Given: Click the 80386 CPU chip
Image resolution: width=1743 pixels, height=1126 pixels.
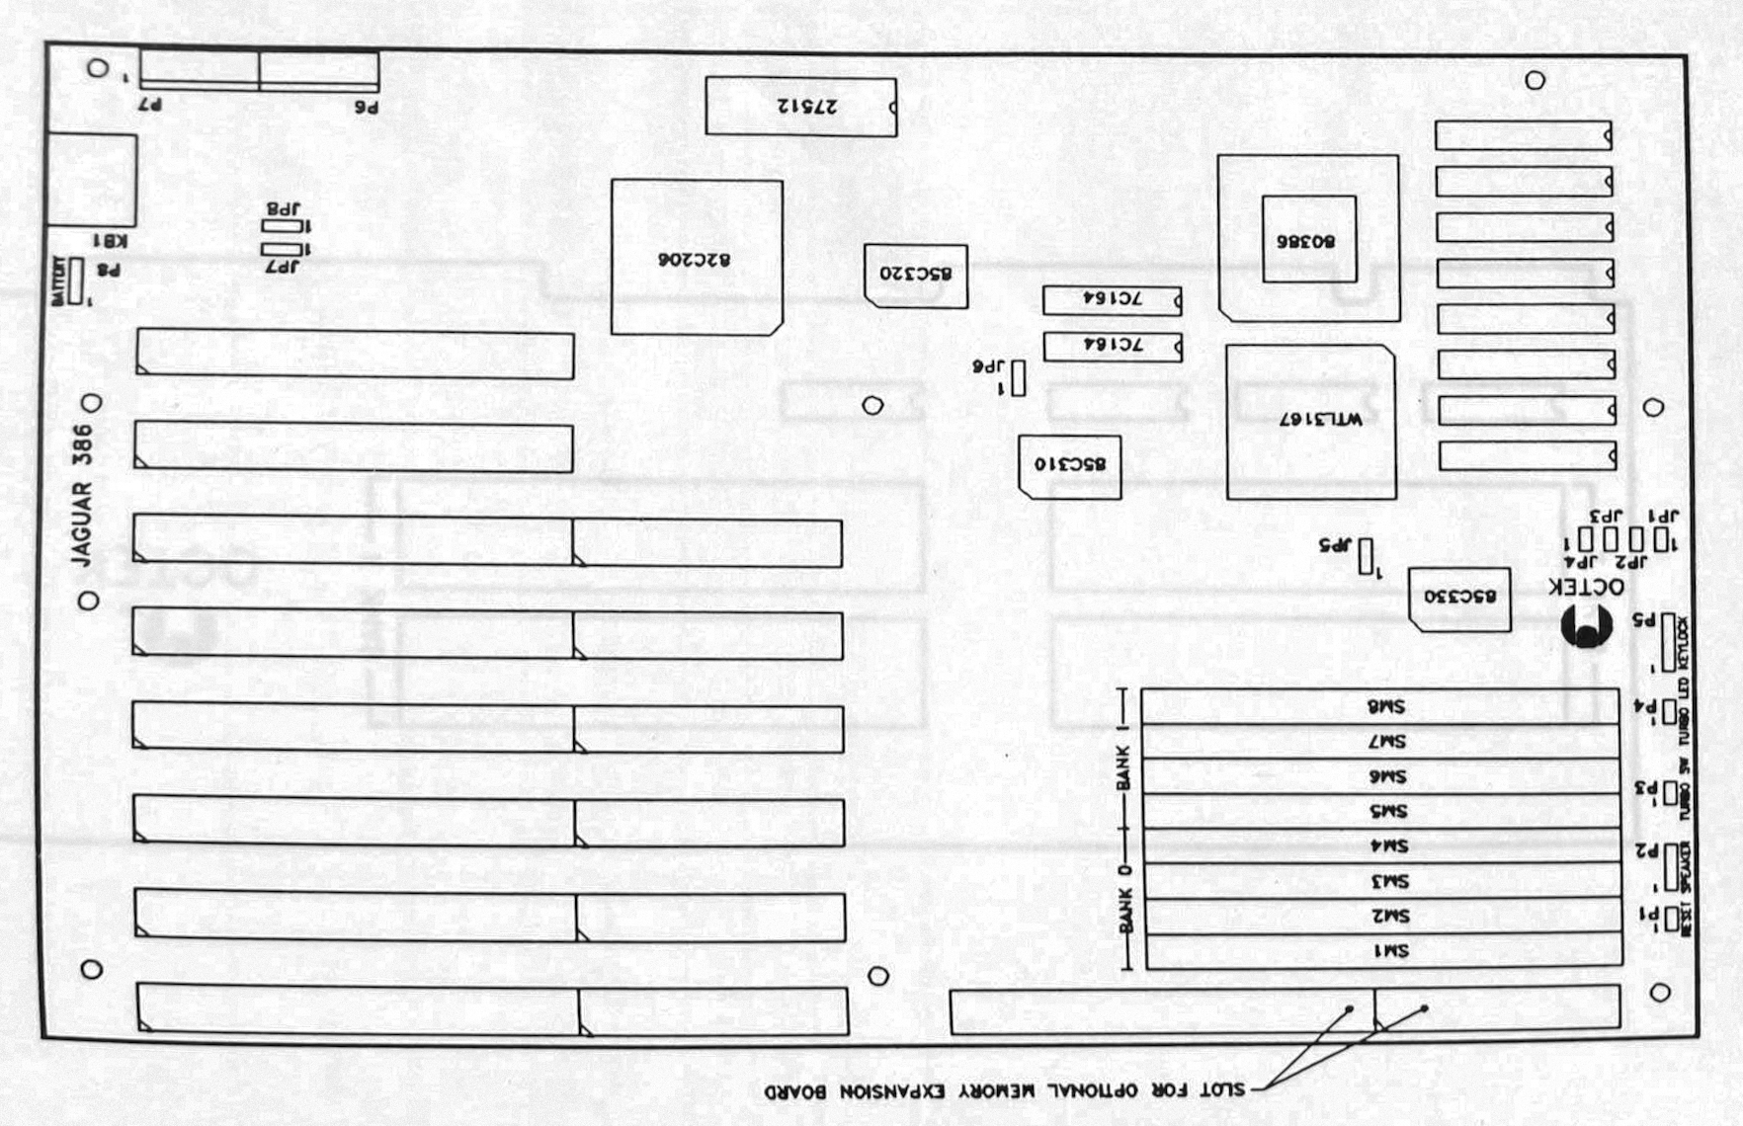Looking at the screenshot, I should pyautogui.click(x=1308, y=239).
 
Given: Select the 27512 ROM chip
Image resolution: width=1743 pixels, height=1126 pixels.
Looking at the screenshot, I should pyautogui.click(x=800, y=107).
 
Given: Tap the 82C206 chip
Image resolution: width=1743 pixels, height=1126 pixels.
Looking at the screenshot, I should pyautogui.click(x=697, y=258).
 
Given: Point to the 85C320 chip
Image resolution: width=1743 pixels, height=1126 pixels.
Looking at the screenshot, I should pyautogui.click(x=915, y=275).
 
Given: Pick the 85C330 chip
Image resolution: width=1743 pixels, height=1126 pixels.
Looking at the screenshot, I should pyautogui.click(x=1459, y=599).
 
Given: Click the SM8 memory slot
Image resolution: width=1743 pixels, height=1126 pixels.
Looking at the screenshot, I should pyautogui.click(x=1380, y=706).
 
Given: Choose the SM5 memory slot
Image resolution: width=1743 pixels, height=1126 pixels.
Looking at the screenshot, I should pyautogui.click(x=1381, y=811).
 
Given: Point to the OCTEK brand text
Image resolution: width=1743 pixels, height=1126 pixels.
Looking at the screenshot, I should pyautogui.click(x=1586, y=587).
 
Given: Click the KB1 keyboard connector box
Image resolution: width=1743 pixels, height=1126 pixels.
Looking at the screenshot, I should pyautogui.click(x=92, y=180).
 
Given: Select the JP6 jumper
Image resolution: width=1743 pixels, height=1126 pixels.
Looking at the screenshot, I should pyautogui.click(x=1018, y=378).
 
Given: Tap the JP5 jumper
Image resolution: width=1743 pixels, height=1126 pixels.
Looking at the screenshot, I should pyautogui.click(x=1366, y=556).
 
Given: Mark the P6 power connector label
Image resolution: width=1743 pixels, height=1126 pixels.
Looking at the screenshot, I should pyautogui.click(x=367, y=106).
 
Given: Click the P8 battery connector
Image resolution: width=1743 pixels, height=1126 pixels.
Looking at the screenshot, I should pyautogui.click(x=76, y=281).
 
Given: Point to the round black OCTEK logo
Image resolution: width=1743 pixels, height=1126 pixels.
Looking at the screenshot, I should pyautogui.click(x=1587, y=627).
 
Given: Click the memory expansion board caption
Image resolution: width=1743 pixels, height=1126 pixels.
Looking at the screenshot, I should pyautogui.click(x=1004, y=1090).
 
